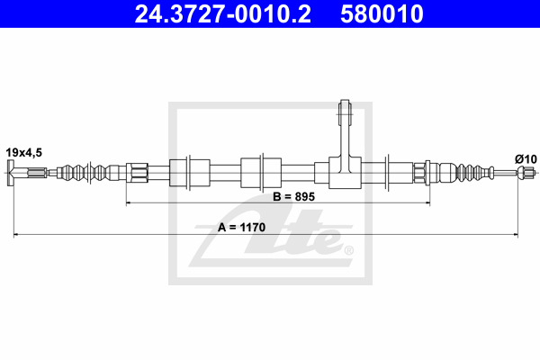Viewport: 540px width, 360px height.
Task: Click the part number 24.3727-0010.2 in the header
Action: pyautogui.click(x=223, y=13)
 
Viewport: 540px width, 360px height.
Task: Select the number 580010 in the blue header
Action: pyautogui.click(x=382, y=13)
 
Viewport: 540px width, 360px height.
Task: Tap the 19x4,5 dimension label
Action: pyautogui.click(x=23, y=152)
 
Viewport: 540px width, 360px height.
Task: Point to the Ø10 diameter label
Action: pyautogui.click(x=526, y=159)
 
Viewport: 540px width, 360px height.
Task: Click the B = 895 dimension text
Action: pyautogui.click(x=293, y=197)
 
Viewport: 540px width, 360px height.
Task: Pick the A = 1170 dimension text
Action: pyautogui.click(x=241, y=228)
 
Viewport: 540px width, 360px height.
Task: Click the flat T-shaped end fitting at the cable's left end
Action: pyautogui.click(x=10, y=173)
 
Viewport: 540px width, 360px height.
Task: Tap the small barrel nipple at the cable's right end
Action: pyautogui.click(x=526, y=172)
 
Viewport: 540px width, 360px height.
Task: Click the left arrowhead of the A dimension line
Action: pyautogui.click(x=14, y=235)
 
